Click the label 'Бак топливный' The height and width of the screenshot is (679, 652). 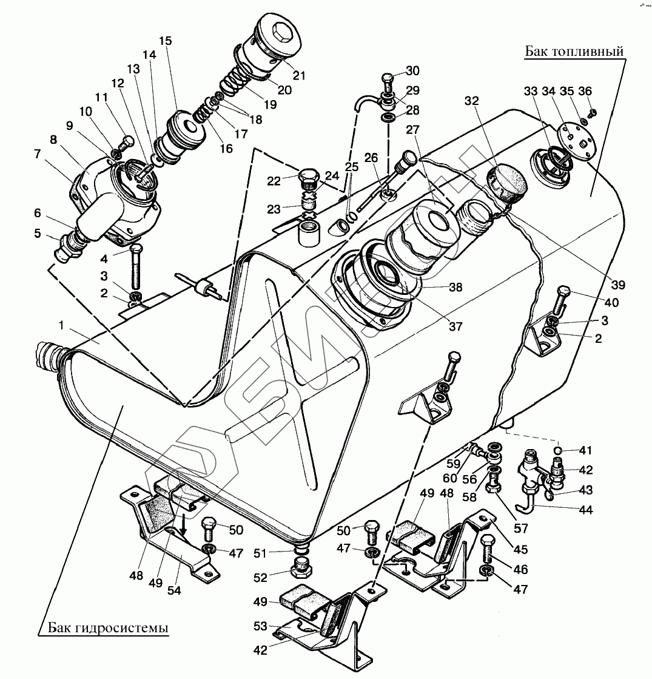click(x=574, y=51)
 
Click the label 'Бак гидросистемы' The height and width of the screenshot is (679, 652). click(x=108, y=627)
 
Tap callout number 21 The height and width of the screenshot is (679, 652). click(x=299, y=75)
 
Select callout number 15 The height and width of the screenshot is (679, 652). click(x=166, y=41)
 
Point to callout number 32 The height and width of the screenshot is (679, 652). click(x=472, y=101)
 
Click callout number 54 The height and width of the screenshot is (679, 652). click(x=174, y=590)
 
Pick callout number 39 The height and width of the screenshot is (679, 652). click(x=618, y=285)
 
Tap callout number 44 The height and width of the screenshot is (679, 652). click(x=585, y=510)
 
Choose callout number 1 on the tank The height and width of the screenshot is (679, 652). click(x=61, y=325)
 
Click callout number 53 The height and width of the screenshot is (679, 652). click(x=261, y=626)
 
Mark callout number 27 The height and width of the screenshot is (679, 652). click(x=412, y=129)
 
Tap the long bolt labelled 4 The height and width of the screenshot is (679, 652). click(x=136, y=267)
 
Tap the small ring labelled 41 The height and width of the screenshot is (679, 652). click(x=559, y=450)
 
